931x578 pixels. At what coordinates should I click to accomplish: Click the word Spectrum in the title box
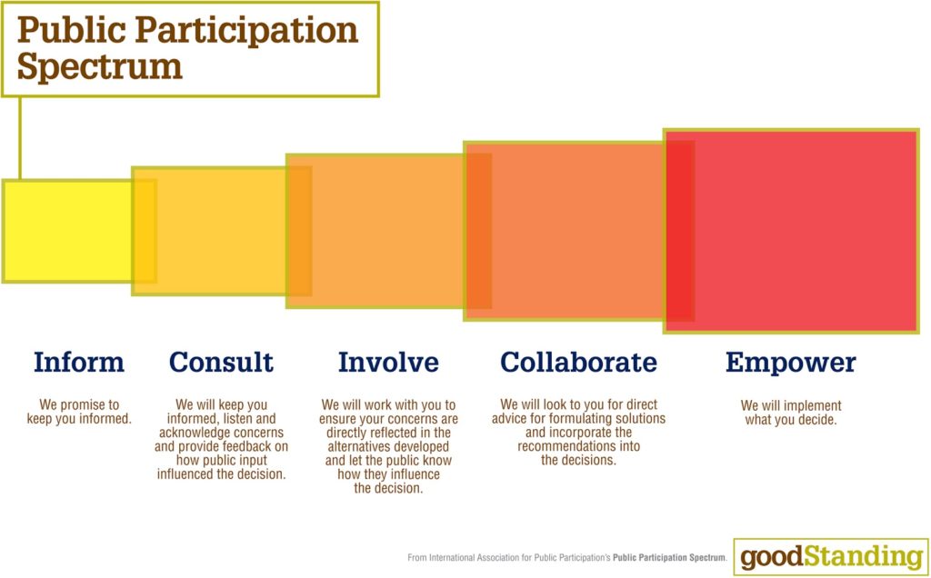click(x=100, y=67)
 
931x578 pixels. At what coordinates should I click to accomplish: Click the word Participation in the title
click(x=247, y=31)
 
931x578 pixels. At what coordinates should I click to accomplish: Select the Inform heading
click(x=79, y=362)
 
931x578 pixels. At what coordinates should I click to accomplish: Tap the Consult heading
click(x=222, y=362)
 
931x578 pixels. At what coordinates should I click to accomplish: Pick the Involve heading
click(x=388, y=362)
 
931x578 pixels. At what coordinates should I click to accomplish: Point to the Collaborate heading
click(x=579, y=362)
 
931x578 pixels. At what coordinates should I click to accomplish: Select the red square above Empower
click(x=791, y=231)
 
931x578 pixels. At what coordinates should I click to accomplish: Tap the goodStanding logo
click(x=831, y=556)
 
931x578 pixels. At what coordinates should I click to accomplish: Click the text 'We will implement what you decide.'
click(x=791, y=413)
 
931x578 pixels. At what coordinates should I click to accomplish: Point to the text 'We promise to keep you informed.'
click(x=79, y=412)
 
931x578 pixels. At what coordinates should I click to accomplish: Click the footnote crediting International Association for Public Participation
click(x=567, y=558)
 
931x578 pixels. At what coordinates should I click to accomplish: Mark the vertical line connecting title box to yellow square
click(x=20, y=137)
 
